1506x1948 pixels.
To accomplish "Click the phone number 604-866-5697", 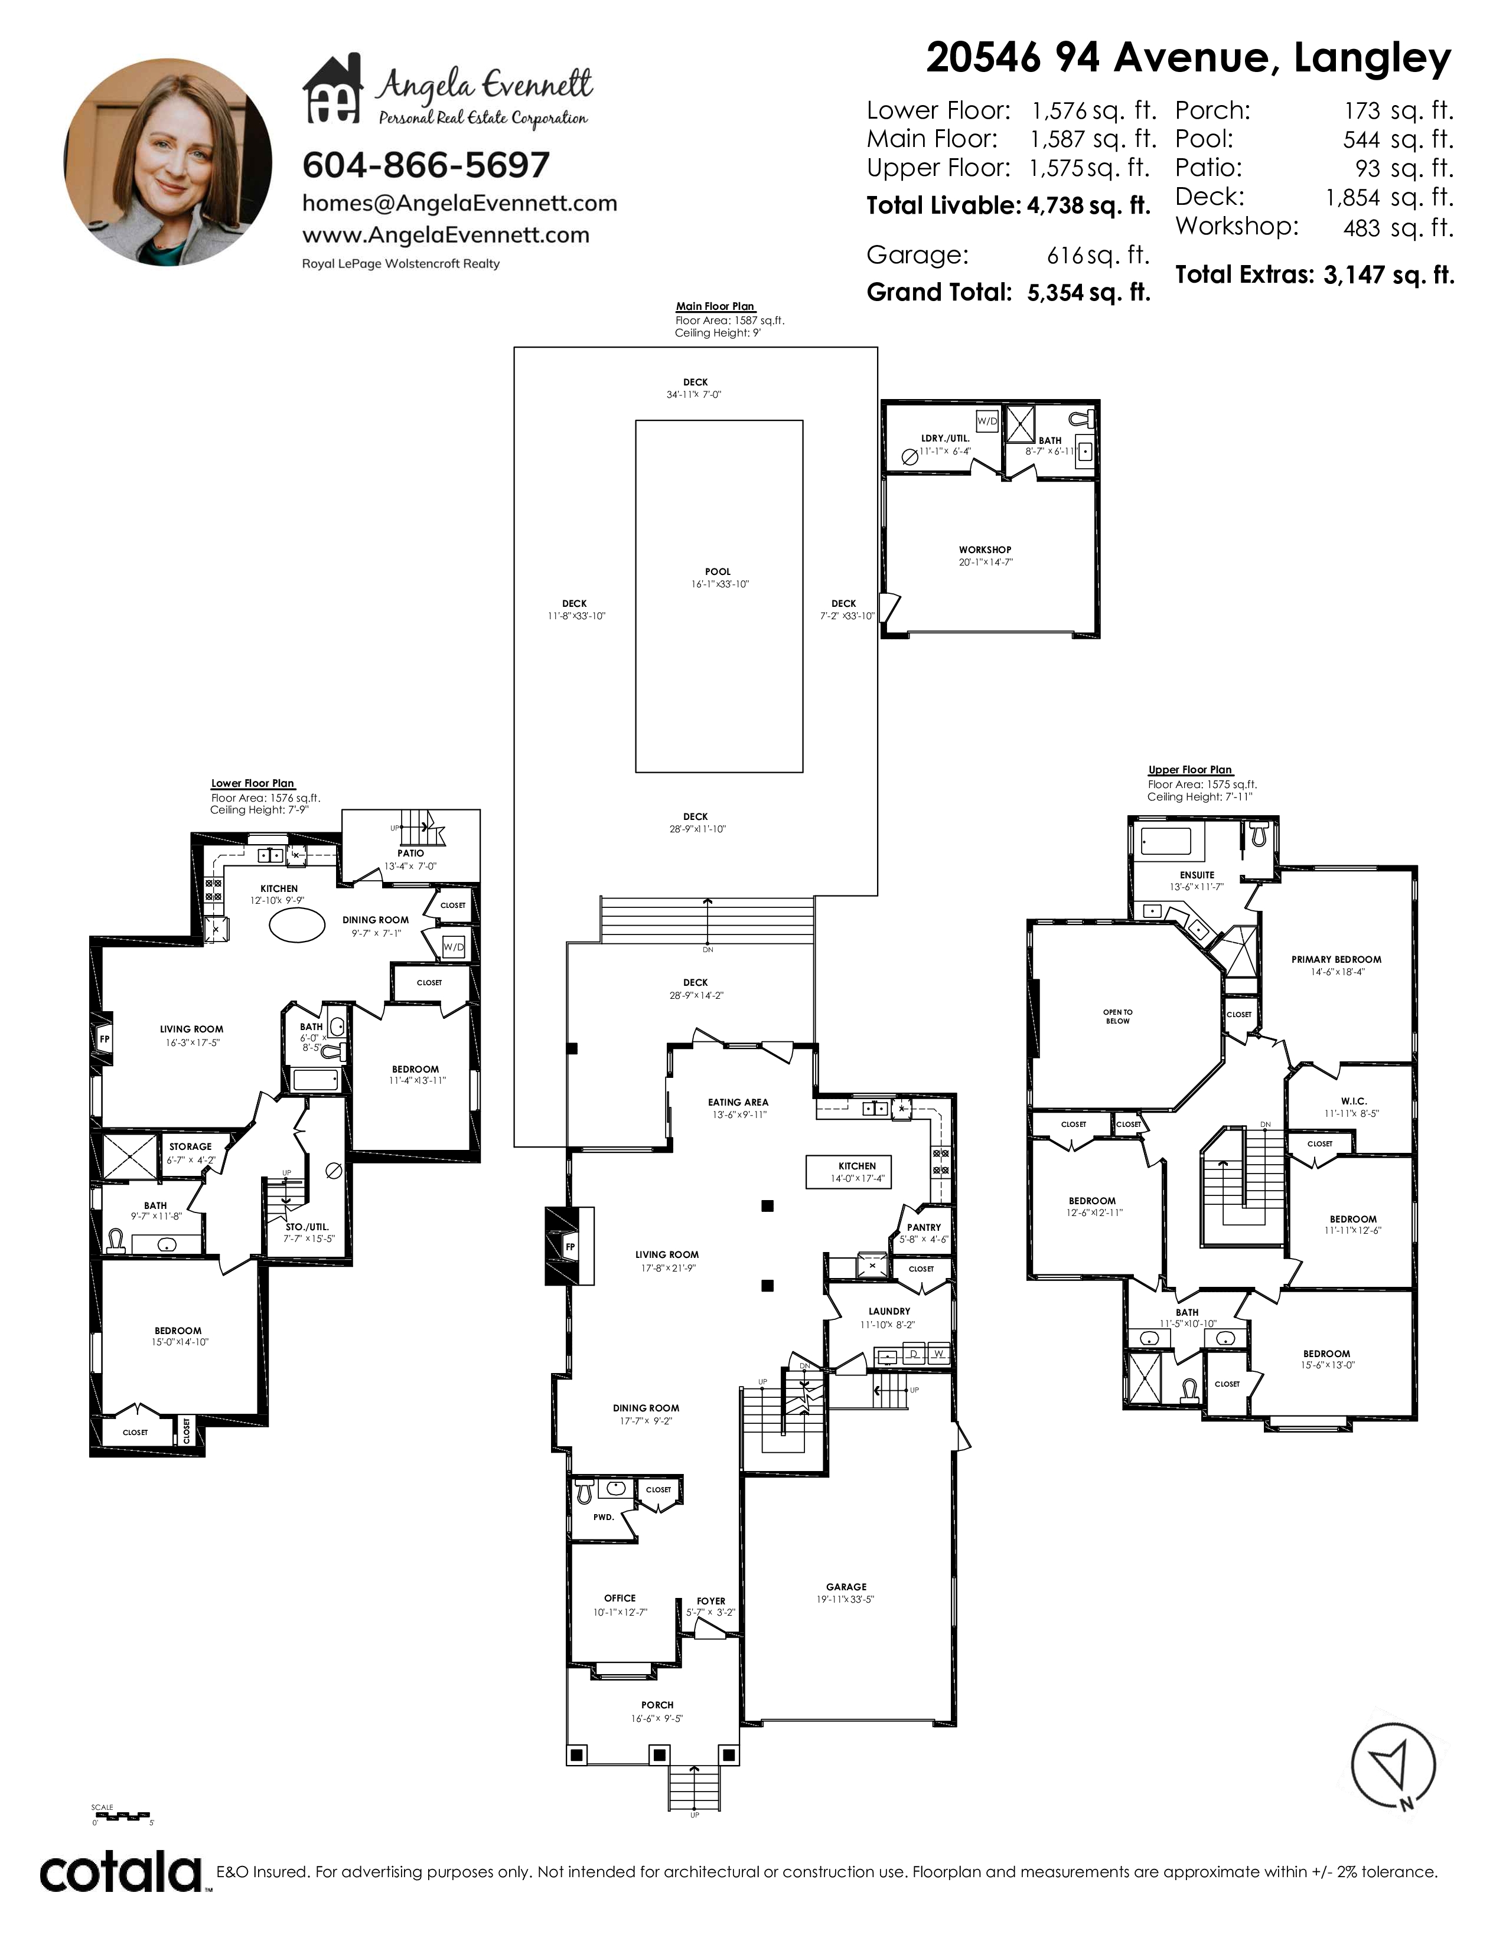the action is point(426,165).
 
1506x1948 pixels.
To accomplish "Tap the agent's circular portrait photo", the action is point(169,162).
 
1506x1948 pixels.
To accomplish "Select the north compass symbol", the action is point(1394,1763).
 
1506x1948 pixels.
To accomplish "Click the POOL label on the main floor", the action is point(718,572).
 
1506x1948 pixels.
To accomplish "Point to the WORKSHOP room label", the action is point(985,550).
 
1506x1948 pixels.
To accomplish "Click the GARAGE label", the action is point(846,1587).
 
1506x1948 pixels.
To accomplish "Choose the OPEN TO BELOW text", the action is point(1118,1017).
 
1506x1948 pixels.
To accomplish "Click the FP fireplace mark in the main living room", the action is point(570,1247).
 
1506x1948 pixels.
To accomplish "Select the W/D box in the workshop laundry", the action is point(987,421).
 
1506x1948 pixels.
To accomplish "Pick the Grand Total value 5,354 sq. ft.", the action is point(1088,293).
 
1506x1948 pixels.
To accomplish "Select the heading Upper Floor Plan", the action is point(1190,770).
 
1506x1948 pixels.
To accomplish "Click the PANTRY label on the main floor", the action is point(924,1227).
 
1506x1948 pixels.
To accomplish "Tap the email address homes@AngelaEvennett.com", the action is point(459,204).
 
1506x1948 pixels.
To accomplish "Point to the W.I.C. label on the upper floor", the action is point(1354,1102).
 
